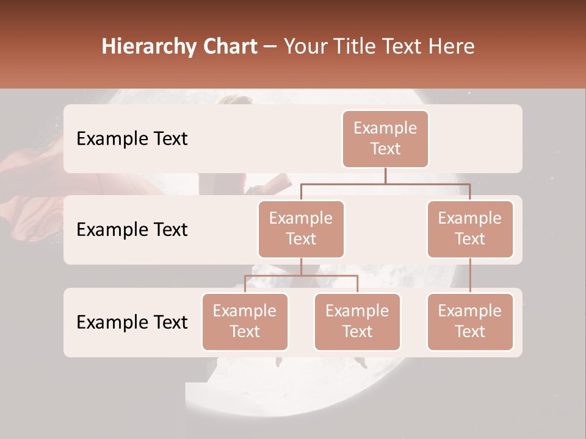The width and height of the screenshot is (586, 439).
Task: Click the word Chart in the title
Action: pos(230,47)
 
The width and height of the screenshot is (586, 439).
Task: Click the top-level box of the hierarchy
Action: pos(385,138)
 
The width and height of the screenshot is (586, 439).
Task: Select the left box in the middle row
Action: pos(301,229)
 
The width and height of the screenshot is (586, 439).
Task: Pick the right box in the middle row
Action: pos(470,229)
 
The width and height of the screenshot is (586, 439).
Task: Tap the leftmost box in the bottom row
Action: pos(245,321)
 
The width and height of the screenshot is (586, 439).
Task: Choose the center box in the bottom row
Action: pos(357,321)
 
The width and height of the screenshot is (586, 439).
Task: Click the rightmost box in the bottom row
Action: pos(470,321)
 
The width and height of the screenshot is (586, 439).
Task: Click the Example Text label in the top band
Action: pos(132,138)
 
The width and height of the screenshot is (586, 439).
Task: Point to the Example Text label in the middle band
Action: pos(132,229)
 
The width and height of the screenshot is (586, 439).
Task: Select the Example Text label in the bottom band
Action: pos(132,322)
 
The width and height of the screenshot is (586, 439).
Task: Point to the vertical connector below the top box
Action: pos(385,176)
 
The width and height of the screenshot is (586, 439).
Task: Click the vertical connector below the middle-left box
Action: pos(301,266)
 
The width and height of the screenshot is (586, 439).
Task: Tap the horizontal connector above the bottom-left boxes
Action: pos(301,276)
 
